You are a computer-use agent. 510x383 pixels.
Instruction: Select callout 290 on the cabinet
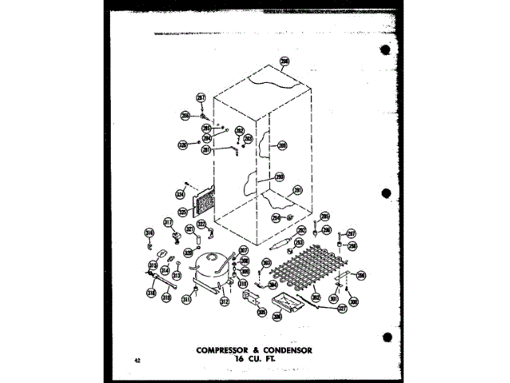coord(281,145)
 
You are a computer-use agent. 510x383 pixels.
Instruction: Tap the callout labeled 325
coord(182,213)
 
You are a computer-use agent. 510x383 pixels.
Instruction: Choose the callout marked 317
coord(168,223)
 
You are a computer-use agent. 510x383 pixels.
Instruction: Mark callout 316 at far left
coord(148,233)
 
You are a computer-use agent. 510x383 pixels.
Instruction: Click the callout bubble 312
coord(224,302)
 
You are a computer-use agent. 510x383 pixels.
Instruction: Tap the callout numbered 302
coord(316,298)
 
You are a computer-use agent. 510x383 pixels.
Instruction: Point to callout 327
coord(341,307)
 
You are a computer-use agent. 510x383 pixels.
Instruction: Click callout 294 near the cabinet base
coord(276,216)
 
